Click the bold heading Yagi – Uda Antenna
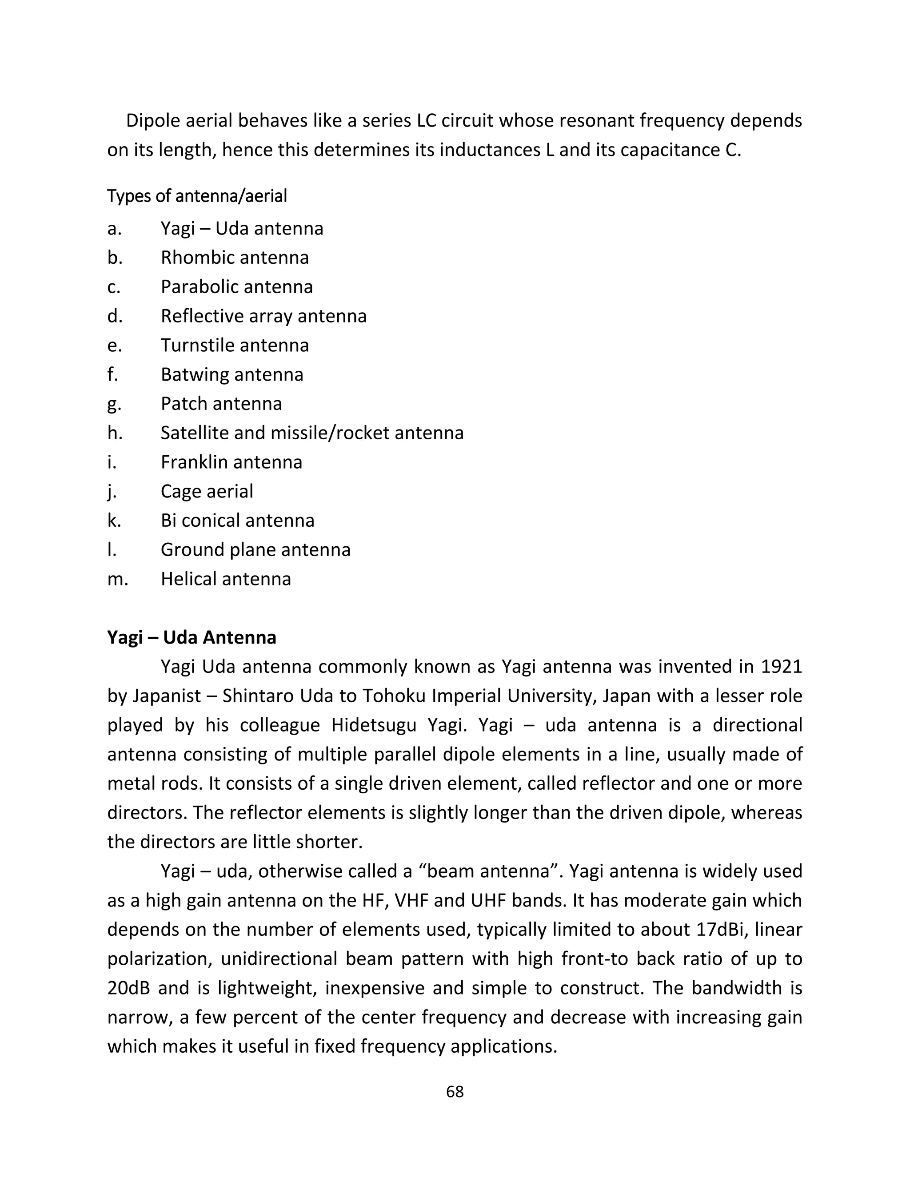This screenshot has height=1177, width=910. (x=192, y=637)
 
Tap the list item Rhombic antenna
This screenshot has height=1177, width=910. (x=235, y=258)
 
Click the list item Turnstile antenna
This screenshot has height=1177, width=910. (x=235, y=345)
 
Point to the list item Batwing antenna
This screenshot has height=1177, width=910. (x=232, y=374)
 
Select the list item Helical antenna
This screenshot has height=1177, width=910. (x=225, y=579)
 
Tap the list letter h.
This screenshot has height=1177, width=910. (x=115, y=433)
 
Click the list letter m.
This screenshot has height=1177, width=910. (x=117, y=579)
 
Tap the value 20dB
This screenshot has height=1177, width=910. (x=128, y=988)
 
